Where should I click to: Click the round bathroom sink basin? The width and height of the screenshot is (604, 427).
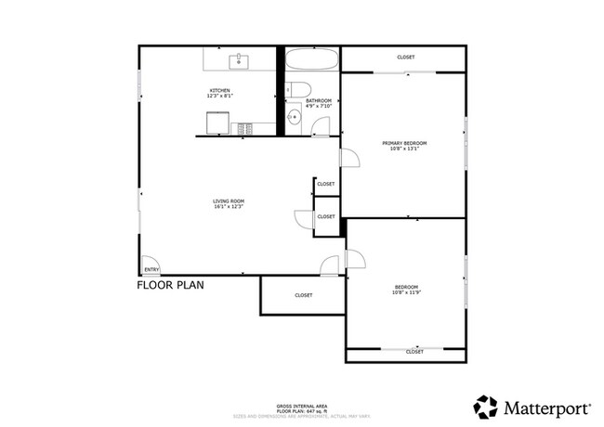tap(294, 116)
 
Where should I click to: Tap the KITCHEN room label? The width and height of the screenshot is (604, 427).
tap(219, 90)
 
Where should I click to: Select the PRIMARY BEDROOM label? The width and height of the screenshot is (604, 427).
tap(404, 142)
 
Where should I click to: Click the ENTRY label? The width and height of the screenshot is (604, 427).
tap(151, 270)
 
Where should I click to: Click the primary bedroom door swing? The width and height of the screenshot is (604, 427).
tap(349, 159)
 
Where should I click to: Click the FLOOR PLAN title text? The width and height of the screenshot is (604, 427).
tap(170, 286)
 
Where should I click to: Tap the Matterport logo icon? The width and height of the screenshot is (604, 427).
tap(485, 406)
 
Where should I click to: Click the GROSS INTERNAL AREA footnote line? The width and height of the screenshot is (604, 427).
tap(301, 405)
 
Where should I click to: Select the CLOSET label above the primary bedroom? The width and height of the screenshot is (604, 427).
tap(405, 58)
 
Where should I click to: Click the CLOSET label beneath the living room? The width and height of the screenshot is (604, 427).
tap(303, 295)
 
